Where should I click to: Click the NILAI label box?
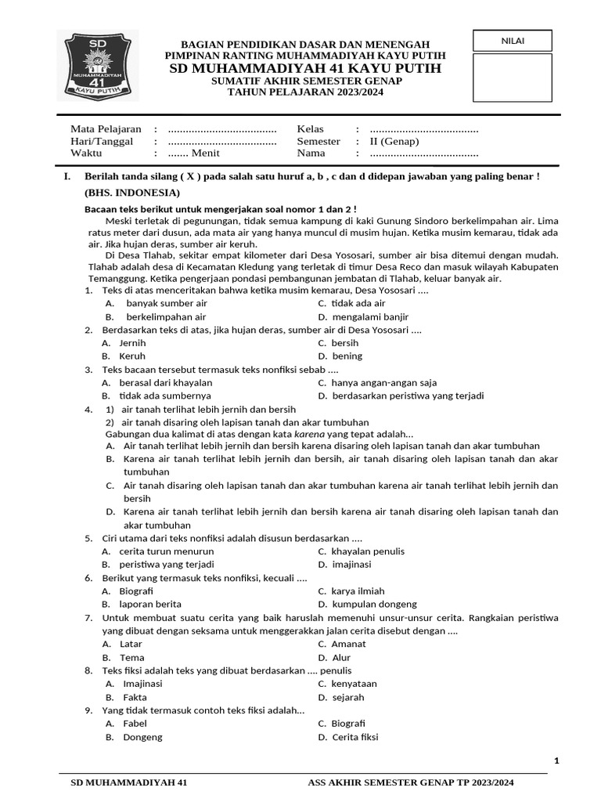point(513,40)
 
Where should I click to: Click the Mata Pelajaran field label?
point(106,129)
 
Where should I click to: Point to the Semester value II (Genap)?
point(394,142)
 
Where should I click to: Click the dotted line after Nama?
point(423,154)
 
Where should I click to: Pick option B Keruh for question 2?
point(131,356)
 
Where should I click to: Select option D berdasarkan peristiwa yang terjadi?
point(407,396)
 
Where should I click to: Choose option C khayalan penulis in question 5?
point(368,551)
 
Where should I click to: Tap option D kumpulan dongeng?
point(373,604)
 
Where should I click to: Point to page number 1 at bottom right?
point(556,760)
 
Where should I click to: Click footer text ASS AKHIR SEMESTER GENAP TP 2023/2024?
point(411,782)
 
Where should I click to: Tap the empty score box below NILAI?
point(513,78)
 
